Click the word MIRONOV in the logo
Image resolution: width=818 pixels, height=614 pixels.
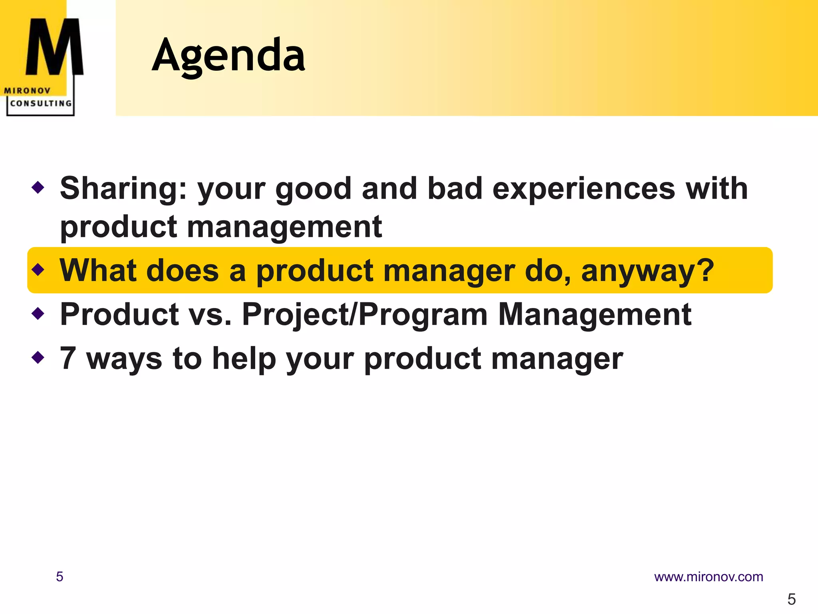click(x=27, y=91)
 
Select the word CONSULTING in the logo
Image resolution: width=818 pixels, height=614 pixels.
click(x=41, y=104)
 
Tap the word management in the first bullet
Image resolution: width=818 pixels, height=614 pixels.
click(x=284, y=227)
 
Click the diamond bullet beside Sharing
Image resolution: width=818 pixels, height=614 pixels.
click(x=38, y=187)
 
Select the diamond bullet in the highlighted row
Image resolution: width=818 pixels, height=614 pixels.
click(x=38, y=269)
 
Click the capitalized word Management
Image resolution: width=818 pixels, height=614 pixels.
click(x=595, y=315)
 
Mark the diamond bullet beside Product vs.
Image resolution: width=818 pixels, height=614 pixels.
click(x=38, y=313)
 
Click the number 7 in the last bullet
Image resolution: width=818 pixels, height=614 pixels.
click(x=68, y=358)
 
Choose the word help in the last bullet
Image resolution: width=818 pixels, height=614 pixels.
click(x=244, y=359)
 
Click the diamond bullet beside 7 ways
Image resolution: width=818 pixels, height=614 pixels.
click(x=38, y=357)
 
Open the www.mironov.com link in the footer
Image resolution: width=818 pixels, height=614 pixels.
click(x=708, y=577)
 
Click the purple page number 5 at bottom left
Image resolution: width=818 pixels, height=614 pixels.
click(x=60, y=577)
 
